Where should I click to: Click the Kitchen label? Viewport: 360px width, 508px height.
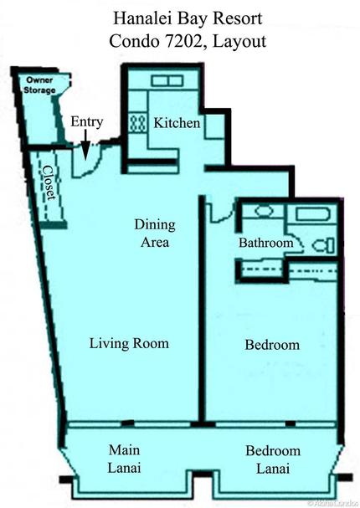pyautogui.click(x=177, y=123)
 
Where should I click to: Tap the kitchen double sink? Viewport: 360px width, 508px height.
pyautogui.click(x=167, y=80)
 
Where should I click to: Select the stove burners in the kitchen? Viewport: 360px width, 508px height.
pyautogui.click(x=136, y=123)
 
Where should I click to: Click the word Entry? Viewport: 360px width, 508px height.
pyautogui.click(x=86, y=121)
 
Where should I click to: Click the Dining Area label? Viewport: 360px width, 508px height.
pyautogui.click(x=153, y=233)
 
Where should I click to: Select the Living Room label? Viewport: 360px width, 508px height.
pyautogui.click(x=129, y=343)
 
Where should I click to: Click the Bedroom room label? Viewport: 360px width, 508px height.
pyautogui.click(x=272, y=345)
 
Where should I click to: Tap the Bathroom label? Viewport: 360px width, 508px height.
pyautogui.click(x=266, y=243)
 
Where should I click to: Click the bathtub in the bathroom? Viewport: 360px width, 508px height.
pyautogui.click(x=312, y=213)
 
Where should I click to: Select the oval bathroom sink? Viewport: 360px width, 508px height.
pyautogui.click(x=263, y=213)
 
